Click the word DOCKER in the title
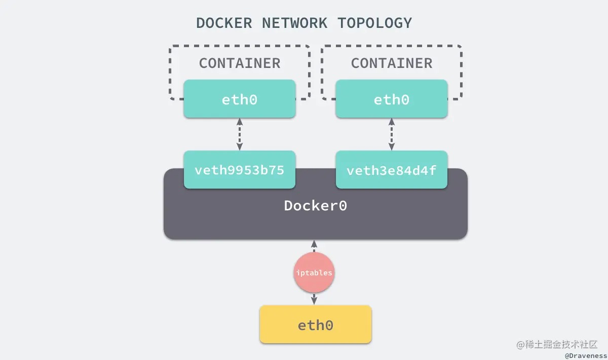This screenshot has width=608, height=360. coord(224,23)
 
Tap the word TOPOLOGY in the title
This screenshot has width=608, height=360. coord(375,23)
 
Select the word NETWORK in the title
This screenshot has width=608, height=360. coord(294,23)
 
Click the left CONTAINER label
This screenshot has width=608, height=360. coord(240,63)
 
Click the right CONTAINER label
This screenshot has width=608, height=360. coord(392,63)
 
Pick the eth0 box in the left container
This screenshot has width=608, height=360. coord(240,99)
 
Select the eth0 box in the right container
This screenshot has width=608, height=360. coord(392,99)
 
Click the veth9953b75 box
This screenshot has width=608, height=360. coord(240,170)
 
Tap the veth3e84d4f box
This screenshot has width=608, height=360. coord(392,170)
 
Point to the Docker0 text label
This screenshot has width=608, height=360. coord(315,206)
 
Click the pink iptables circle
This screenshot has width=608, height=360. coord(314,273)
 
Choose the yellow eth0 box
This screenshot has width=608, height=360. coord(315,325)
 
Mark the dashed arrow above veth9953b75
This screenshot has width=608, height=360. coord(240,134)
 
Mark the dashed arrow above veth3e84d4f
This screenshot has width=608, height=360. coord(392,134)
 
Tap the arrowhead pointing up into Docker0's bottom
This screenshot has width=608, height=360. coord(314,243)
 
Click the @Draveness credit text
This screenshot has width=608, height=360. coord(586,356)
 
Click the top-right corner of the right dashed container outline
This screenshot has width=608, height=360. coord(460,48)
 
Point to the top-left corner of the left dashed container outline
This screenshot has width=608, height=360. coord(171,48)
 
